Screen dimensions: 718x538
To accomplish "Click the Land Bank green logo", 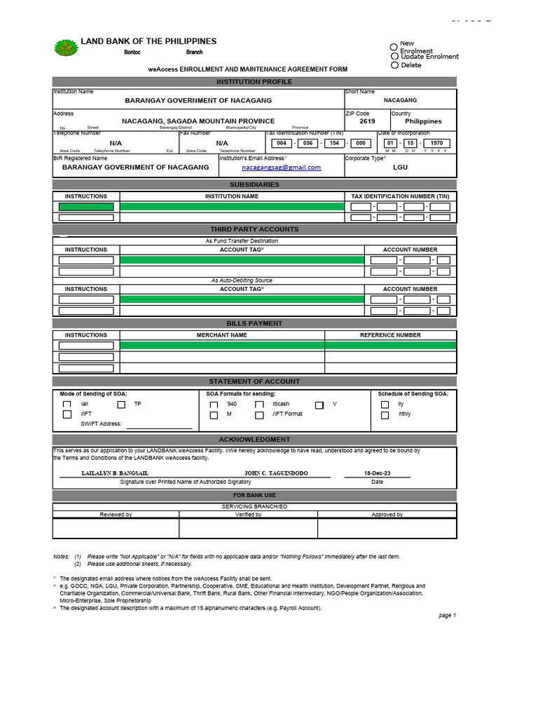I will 67,48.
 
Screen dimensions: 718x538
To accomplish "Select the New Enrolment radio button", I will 394,47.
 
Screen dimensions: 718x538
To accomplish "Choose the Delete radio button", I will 394,65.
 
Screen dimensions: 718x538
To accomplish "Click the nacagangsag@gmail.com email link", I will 281,168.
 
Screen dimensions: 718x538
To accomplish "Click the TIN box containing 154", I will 334,143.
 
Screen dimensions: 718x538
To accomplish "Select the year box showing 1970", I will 436,143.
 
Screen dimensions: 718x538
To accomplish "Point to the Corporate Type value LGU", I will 399,168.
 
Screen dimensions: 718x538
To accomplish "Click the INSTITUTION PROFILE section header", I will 254,82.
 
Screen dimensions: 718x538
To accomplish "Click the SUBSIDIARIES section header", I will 254,184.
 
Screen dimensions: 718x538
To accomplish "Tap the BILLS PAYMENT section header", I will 254,323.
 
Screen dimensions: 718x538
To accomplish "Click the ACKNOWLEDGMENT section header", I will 254,439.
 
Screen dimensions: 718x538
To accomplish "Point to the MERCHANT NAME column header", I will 222,335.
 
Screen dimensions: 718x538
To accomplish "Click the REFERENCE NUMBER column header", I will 390,335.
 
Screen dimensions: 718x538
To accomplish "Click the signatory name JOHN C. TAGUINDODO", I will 275,473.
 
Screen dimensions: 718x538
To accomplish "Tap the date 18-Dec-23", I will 377,473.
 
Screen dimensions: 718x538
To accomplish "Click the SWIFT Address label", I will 101,424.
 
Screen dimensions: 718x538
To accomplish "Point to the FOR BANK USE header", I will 254,495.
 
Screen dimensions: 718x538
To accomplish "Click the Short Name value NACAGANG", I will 400,100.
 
